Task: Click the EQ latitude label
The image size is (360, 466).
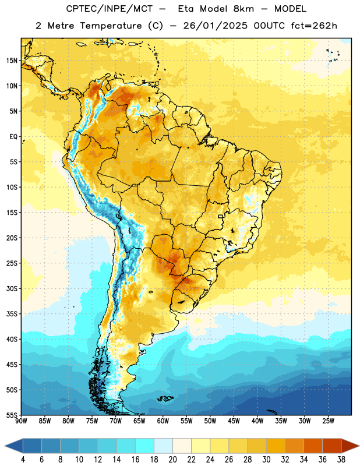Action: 13,137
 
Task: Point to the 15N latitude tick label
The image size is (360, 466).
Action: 12,61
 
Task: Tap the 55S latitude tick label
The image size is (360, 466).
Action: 12,415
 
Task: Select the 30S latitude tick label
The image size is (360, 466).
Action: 12,288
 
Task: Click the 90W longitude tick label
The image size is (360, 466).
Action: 22,421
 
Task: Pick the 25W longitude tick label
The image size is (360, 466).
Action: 328,421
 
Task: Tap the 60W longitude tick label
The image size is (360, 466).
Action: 163,421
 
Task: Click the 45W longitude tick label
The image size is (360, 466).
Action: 234,421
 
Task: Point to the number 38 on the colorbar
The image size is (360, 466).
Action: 341,460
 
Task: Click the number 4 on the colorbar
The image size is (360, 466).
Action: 23,460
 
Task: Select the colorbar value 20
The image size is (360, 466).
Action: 172,460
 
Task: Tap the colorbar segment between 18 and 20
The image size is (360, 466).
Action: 164,446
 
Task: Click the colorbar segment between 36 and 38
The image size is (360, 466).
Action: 332,446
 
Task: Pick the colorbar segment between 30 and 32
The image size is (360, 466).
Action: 276,446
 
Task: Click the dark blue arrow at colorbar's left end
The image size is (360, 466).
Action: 13,446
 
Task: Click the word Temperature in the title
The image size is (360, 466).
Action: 111,26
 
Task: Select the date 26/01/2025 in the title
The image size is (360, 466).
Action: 215,26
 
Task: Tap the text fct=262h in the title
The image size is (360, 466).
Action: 314,26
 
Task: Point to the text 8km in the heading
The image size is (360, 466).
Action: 243,9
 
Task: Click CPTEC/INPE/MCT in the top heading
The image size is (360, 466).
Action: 110,9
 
